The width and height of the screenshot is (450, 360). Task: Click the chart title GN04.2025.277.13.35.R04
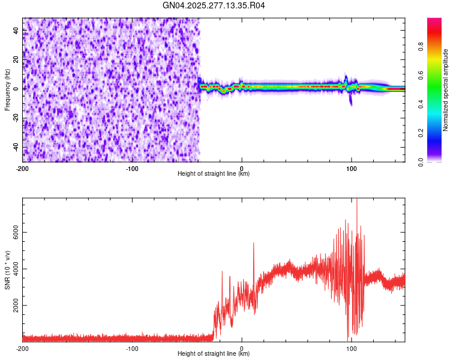click(214, 5)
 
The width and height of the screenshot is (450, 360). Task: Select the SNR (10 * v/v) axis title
click(7, 269)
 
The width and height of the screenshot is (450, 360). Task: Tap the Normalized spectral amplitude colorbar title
click(446, 90)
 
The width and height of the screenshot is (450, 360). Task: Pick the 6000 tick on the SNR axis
click(13, 232)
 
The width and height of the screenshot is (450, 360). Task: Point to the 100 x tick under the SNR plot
click(352, 349)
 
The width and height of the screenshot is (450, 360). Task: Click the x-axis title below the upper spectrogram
click(214, 174)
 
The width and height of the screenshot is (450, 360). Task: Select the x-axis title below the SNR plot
click(214, 354)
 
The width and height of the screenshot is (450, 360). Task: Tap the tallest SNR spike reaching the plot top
click(357, 201)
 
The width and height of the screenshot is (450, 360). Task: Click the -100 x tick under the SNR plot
click(132, 349)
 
